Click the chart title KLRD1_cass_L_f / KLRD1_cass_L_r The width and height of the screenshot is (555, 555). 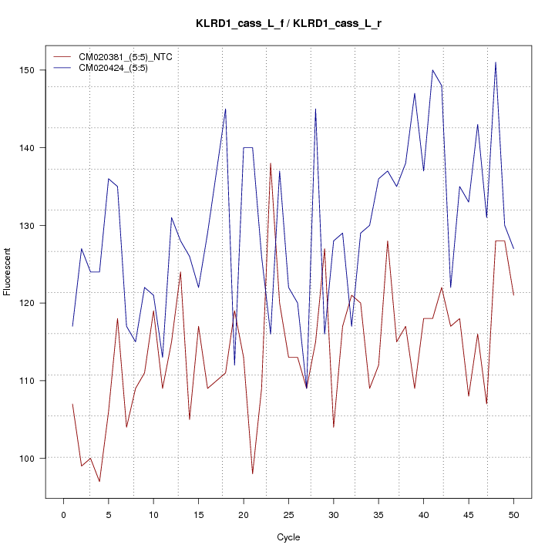pos(288,24)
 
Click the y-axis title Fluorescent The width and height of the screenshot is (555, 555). pos(8,271)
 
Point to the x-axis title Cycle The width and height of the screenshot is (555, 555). pos(288,537)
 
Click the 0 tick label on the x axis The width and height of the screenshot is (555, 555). pos(63,514)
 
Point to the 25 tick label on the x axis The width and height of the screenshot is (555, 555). pos(288,514)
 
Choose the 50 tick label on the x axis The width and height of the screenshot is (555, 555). pos(513,514)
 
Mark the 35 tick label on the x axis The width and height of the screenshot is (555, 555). pos(378,514)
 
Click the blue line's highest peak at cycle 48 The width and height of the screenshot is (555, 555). pos(496,62)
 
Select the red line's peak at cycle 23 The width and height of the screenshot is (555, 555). pos(271,163)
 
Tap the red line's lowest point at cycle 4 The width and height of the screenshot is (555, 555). pos(99,481)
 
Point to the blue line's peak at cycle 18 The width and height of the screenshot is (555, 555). pos(225,109)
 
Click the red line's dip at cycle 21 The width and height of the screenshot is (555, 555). pos(252,473)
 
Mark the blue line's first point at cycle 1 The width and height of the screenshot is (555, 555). pos(72,326)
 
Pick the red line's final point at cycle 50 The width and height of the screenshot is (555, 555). pos(513,295)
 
